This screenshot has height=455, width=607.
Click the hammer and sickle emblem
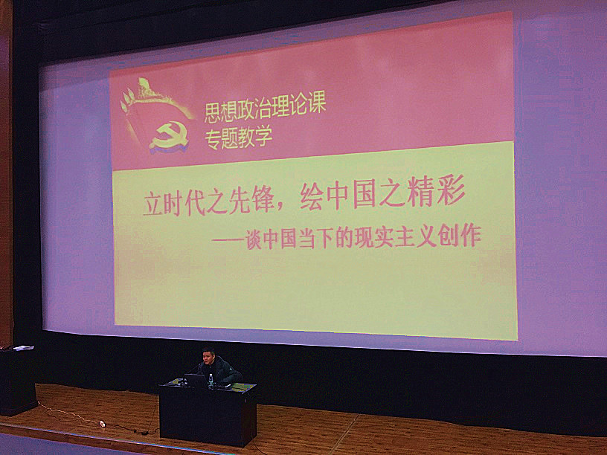[169, 138]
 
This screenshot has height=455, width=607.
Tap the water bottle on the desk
[211, 381]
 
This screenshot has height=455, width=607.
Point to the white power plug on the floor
[102, 424]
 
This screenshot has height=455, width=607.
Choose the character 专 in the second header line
[213, 140]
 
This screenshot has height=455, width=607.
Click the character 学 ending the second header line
[263, 137]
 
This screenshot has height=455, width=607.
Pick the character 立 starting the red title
[152, 204]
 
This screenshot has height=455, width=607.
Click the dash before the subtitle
[228, 242]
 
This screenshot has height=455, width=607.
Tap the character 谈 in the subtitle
[254, 240]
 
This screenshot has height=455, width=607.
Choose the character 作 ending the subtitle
[471, 236]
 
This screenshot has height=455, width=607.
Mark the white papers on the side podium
[23, 348]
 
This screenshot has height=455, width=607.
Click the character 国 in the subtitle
[288, 239]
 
